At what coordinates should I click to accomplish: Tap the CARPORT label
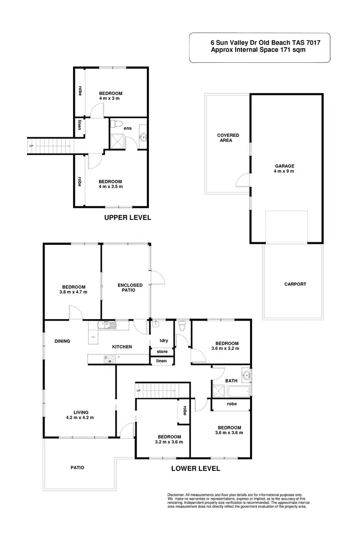295,284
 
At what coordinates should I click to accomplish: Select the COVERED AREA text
228,138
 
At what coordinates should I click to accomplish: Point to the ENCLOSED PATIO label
130,288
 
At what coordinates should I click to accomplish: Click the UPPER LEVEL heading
128,217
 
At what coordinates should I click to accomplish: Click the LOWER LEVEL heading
196,468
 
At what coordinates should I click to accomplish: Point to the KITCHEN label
122,347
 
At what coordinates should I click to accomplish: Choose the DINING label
62,341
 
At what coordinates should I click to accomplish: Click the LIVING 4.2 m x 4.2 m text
81,415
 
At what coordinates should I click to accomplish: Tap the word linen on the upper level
79,125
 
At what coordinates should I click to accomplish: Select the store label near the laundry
162,352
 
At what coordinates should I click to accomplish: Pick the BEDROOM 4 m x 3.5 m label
110,184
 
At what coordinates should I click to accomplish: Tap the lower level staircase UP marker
139,391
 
